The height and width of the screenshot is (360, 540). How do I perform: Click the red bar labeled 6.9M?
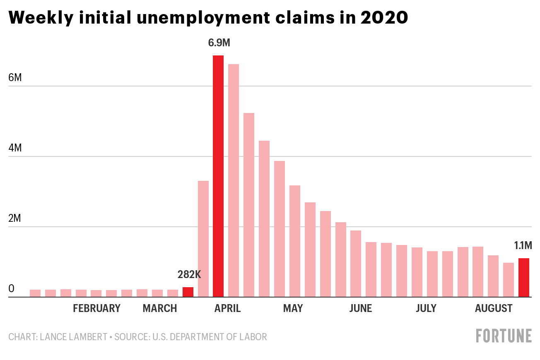(218, 176)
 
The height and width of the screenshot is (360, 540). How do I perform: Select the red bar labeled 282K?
(188, 292)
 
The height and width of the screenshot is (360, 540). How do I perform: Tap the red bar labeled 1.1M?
(524, 278)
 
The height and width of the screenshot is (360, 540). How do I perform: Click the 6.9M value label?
(219, 43)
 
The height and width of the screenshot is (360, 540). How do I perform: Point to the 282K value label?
(189, 274)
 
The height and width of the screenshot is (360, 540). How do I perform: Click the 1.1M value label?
(523, 246)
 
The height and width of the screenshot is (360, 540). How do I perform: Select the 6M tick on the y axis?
(15, 78)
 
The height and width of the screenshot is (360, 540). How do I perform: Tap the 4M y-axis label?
(15, 148)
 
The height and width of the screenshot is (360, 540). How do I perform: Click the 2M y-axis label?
(15, 218)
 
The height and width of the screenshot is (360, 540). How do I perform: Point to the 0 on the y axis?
(11, 289)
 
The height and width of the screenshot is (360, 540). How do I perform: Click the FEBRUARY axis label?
(96, 308)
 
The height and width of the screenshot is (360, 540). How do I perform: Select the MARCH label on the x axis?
(160, 308)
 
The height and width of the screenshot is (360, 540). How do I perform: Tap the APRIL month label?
(227, 308)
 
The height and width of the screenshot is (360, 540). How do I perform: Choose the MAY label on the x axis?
(293, 308)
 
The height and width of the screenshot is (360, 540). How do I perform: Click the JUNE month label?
(361, 308)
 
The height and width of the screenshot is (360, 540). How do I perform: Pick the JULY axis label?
(426, 308)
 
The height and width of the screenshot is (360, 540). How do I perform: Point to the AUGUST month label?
(494, 308)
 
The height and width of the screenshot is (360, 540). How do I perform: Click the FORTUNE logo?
(504, 336)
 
